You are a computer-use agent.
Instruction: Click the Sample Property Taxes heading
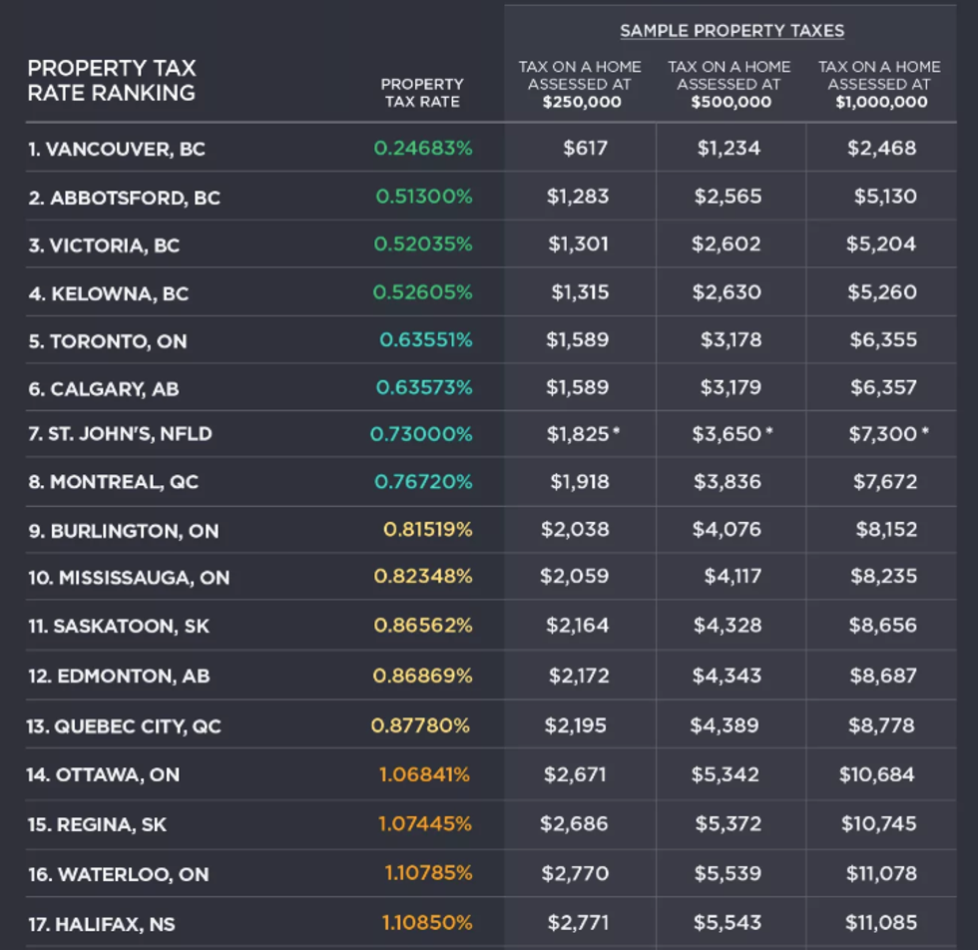tap(732, 31)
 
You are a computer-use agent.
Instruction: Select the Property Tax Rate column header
tap(422, 93)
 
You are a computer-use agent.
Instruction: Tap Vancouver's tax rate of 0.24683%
tap(423, 149)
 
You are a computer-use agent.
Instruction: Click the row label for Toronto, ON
tap(108, 341)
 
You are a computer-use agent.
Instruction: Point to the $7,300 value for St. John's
tap(882, 434)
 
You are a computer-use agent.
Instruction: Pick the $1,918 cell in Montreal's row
tap(579, 482)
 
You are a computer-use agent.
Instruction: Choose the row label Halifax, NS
tap(101, 925)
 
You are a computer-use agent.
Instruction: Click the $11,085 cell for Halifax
tap(880, 923)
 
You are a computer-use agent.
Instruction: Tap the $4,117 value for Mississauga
tap(733, 576)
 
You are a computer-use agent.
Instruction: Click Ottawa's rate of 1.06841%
tap(424, 774)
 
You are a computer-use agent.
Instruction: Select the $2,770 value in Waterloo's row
tap(575, 873)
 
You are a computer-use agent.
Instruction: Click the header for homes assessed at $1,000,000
tap(879, 84)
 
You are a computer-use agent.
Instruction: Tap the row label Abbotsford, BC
tap(124, 198)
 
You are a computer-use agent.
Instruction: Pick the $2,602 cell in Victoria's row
tap(728, 244)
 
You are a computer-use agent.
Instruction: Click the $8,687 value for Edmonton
tap(882, 676)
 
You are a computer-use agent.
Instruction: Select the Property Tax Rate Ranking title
tap(112, 81)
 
